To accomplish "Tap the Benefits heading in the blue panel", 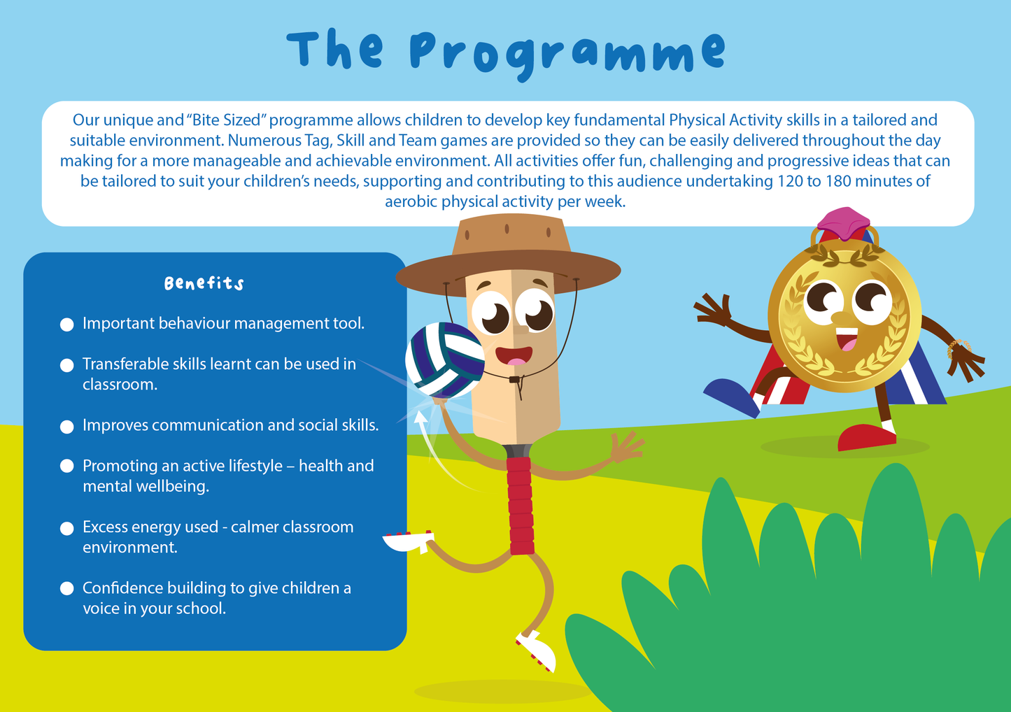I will click(204, 283).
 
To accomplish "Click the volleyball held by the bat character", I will click(444, 359).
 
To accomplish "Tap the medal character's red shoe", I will click(866, 436).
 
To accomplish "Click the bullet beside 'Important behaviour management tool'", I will click(67, 325).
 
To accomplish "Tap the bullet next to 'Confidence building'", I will click(67, 589).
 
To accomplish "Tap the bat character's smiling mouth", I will click(514, 355).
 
